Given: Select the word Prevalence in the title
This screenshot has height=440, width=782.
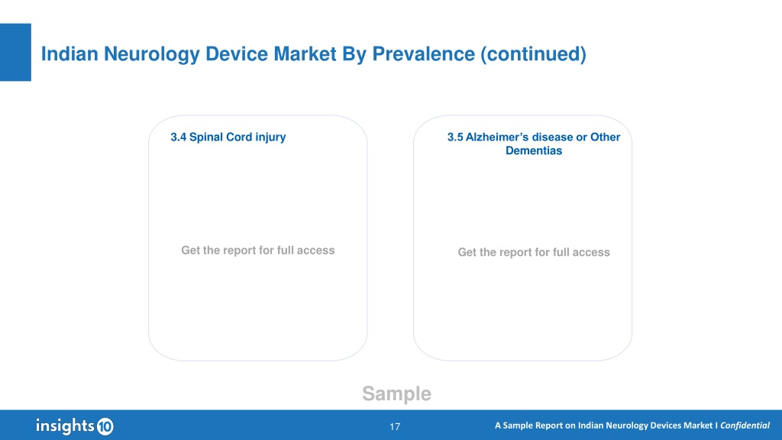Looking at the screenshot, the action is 423,54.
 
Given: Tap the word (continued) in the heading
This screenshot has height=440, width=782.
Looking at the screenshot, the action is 533,54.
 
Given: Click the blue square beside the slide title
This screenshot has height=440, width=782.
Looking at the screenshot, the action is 15,52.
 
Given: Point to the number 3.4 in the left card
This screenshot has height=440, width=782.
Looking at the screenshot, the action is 178,137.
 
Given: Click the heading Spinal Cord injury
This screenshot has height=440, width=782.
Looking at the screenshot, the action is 238,137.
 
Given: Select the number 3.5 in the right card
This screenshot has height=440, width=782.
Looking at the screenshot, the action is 455,137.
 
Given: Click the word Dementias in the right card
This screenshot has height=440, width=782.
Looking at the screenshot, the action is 534,150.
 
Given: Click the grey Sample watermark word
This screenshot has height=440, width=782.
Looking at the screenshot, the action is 396,393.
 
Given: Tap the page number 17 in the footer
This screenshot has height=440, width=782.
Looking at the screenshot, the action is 395,426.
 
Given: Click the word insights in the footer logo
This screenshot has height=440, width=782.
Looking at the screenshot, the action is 65,425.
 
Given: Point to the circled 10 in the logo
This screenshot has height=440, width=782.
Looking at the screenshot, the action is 105,426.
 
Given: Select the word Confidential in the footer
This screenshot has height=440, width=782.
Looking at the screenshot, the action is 745,425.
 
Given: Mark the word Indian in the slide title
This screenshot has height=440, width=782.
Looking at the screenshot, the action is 69,54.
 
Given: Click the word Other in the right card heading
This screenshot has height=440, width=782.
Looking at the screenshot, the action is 605,137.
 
